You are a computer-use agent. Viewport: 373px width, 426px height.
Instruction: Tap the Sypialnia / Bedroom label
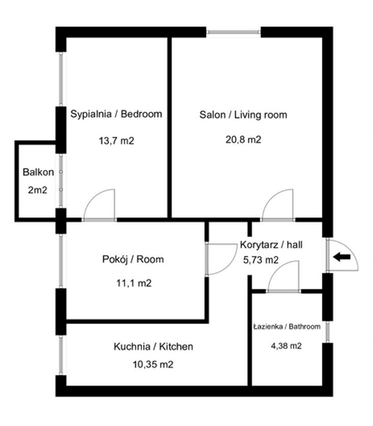[116, 114]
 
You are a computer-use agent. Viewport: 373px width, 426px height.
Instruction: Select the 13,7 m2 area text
[116, 141]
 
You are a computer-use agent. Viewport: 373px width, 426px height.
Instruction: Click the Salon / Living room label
[244, 115]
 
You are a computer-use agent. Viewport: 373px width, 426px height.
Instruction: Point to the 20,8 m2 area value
[244, 140]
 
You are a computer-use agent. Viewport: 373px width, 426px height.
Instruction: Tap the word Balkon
[39, 173]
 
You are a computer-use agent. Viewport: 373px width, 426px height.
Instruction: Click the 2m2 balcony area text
[37, 190]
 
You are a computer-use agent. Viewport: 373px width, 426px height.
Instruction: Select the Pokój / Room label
[133, 260]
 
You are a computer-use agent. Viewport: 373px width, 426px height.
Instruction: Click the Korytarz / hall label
[271, 245]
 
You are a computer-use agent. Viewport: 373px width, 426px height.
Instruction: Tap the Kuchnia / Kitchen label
[153, 347]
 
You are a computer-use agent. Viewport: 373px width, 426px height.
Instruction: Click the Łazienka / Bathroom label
[287, 327]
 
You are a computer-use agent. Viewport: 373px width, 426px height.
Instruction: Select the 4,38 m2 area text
[286, 346]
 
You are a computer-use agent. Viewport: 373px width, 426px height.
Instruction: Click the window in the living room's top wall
[234, 32]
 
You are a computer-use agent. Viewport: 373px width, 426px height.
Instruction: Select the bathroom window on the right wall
[327, 331]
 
